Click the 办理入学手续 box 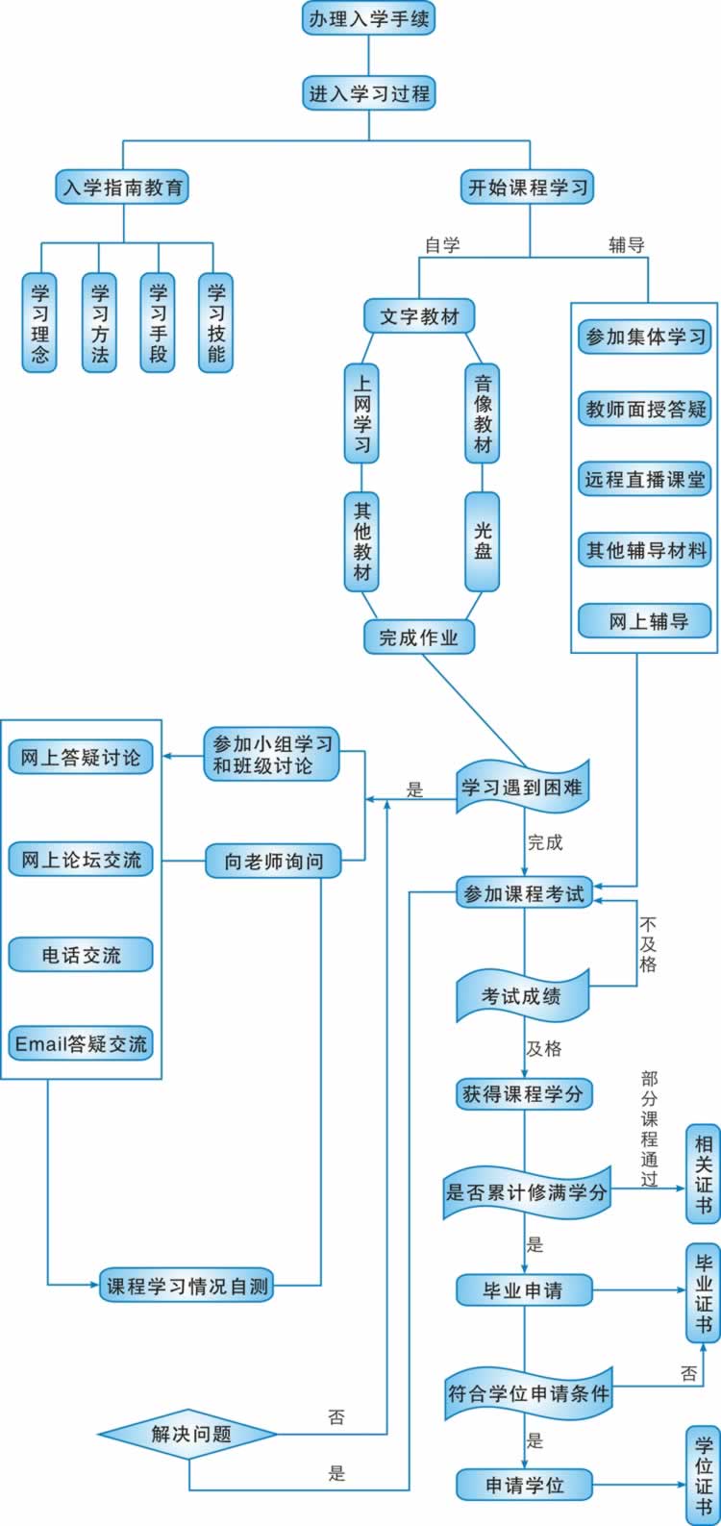[x=369, y=18]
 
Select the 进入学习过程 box [x=369, y=94]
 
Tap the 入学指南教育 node [x=122, y=187]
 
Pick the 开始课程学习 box [x=528, y=187]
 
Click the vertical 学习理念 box [x=40, y=323]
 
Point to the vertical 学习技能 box [x=216, y=323]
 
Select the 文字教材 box [x=419, y=315]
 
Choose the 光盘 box [x=483, y=541]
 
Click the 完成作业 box [x=419, y=637]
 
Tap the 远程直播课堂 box [x=645, y=479]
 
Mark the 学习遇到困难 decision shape [x=522, y=788]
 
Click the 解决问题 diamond [x=190, y=1435]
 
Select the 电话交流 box [x=81, y=955]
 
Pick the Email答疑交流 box [x=81, y=1044]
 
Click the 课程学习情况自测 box [x=186, y=1286]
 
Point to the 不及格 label [x=648, y=944]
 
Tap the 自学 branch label [x=442, y=245]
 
